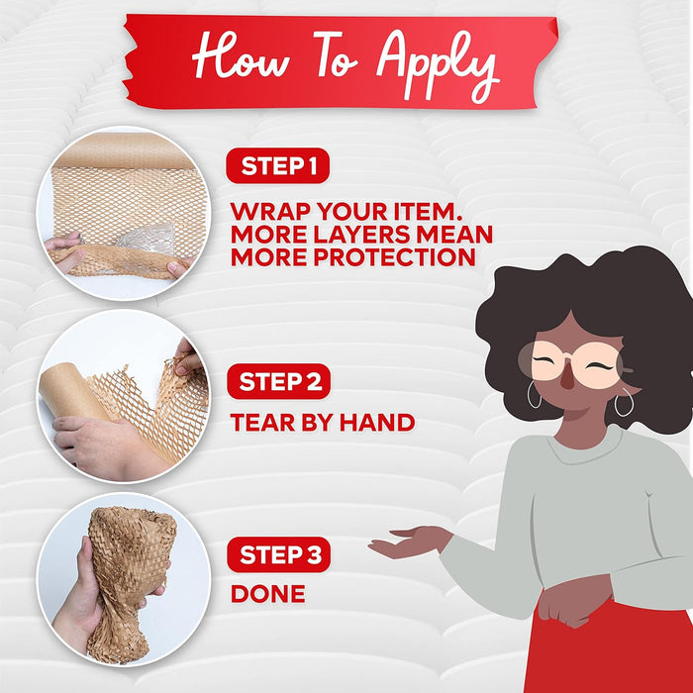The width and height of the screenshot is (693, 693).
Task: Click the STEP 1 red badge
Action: tap(277, 165)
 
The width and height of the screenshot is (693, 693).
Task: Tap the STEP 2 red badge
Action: tap(279, 381)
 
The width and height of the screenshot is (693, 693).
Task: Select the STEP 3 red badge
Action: tap(279, 554)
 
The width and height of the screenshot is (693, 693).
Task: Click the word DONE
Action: tap(268, 594)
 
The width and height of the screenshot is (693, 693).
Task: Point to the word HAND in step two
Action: tap(377, 423)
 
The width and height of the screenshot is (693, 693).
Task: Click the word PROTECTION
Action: tap(394, 256)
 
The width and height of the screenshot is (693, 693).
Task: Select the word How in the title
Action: tap(241, 55)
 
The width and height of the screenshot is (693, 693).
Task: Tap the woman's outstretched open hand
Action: tap(409, 541)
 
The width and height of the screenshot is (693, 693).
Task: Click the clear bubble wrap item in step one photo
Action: tap(148, 241)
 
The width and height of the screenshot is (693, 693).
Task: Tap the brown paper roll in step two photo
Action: tap(73, 391)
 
